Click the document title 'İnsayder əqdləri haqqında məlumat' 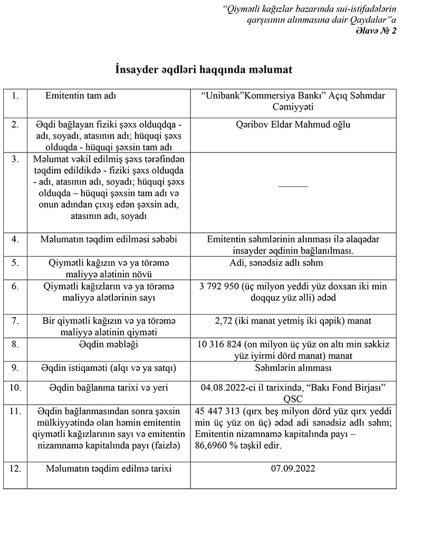tap(204, 70)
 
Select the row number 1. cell tap(15, 97)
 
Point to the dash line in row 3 tap(293, 185)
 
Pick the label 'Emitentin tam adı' tap(81, 97)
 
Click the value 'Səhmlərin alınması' tap(293, 368)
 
